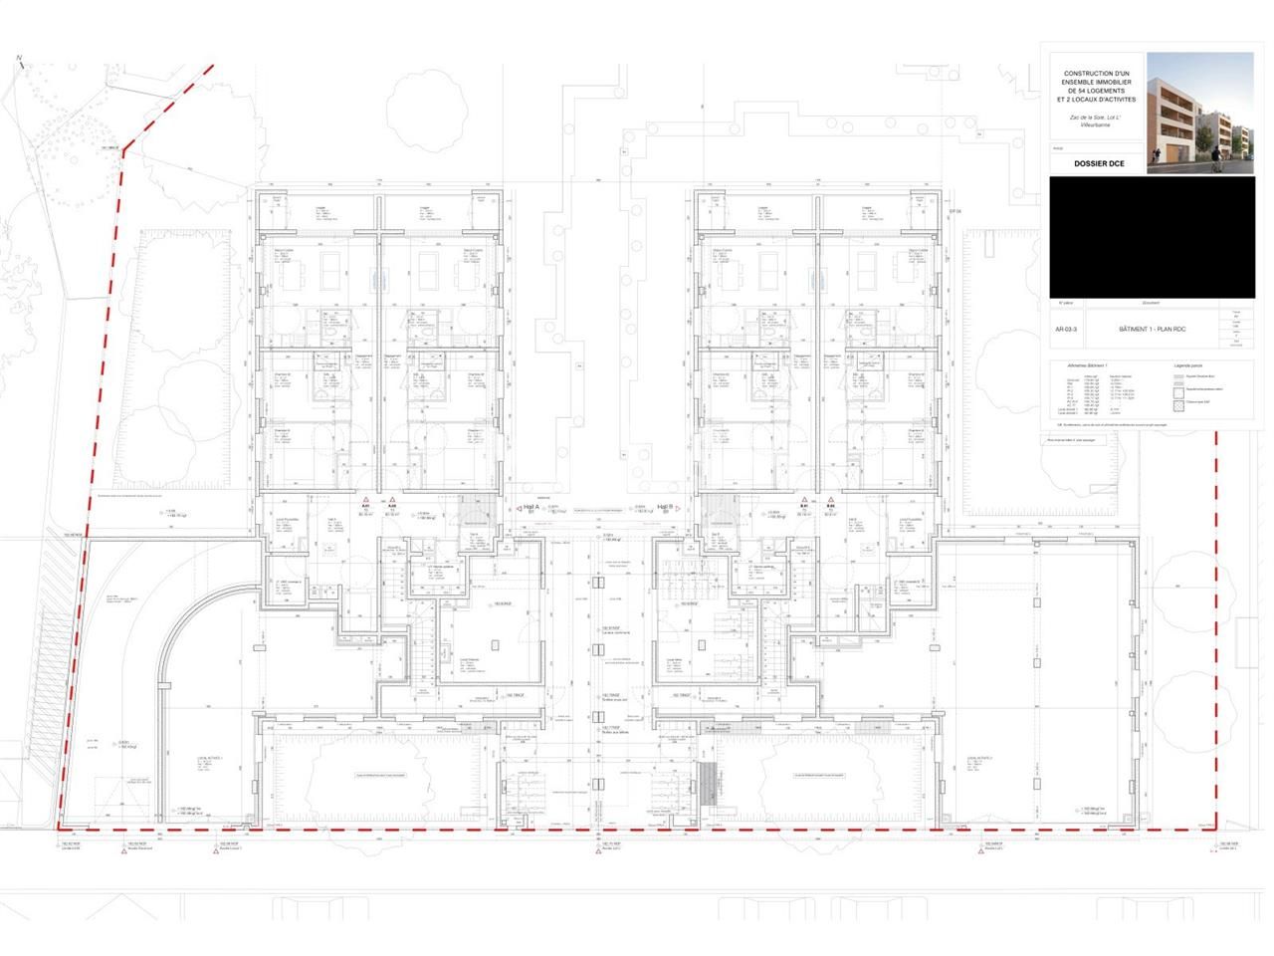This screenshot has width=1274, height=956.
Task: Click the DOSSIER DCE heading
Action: [x=1098, y=163]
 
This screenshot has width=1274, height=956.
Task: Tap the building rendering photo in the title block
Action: [x=1199, y=112]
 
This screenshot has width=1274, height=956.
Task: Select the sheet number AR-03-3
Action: [x=1064, y=329]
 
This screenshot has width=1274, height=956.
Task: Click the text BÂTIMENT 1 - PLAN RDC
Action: [x=1152, y=329]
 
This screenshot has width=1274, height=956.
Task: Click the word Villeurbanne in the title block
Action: [x=1095, y=128]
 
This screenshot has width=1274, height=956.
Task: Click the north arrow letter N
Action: [x=19, y=60]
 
